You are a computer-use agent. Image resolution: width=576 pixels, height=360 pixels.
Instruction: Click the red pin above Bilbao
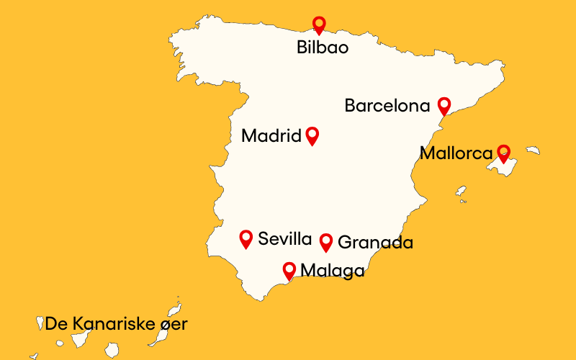click(x=319, y=24)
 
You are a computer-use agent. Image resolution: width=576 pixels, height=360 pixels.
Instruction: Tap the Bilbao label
click(x=323, y=48)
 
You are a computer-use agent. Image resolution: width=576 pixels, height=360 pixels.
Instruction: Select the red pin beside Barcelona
click(x=444, y=106)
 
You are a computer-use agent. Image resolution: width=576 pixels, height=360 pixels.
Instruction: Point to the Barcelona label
click(x=387, y=106)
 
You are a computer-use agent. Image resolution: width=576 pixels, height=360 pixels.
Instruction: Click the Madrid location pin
click(x=312, y=135)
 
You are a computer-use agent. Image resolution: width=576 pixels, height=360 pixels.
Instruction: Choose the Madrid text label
click(x=271, y=135)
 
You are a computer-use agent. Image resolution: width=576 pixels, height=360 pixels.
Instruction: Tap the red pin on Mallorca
click(x=504, y=152)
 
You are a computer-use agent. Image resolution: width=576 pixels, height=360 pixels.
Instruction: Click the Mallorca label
click(x=456, y=153)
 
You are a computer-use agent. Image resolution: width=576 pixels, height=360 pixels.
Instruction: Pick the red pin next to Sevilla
click(x=246, y=238)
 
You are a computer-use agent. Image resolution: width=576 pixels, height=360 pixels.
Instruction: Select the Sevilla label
click(x=284, y=239)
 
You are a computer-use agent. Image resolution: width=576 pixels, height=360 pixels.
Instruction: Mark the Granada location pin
click(x=326, y=242)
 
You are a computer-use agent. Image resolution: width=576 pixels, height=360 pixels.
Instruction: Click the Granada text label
click(x=375, y=243)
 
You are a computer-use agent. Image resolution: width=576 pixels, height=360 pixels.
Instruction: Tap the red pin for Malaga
click(x=289, y=270)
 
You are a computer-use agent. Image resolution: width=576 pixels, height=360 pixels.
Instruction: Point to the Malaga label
click(x=332, y=271)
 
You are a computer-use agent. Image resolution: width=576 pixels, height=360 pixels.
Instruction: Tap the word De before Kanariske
click(x=55, y=324)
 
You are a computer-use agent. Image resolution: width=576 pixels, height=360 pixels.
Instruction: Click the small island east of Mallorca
click(x=533, y=150)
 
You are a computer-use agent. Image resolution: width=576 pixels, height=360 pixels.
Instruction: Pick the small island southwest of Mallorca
click(x=461, y=192)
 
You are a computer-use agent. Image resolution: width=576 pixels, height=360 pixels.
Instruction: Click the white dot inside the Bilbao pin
click(x=319, y=22)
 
